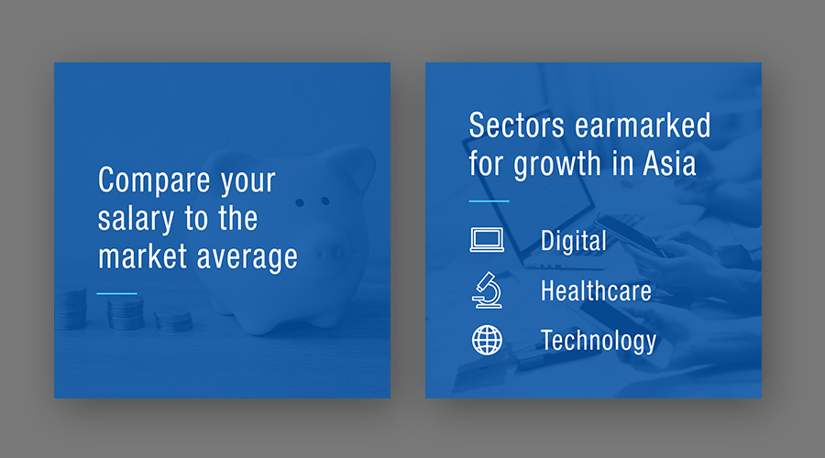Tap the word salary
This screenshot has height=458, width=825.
pos(136,219)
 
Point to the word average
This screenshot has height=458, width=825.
pos(247,258)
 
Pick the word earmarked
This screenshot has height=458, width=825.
pos(643,125)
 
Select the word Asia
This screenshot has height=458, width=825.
pos(669,164)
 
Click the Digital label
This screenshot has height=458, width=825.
pos(574,241)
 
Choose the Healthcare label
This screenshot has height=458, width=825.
pos(596,290)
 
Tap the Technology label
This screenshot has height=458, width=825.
pos(599,341)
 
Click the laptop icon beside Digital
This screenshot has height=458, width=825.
pos(487,240)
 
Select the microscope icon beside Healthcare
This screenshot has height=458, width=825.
pos(488,290)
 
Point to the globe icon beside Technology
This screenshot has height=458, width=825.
pos(487,340)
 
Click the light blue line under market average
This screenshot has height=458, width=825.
pos(116,293)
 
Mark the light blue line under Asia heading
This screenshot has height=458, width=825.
pos(489,201)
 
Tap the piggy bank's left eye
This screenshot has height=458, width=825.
pos(300,202)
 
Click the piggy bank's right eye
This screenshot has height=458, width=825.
pos(325,201)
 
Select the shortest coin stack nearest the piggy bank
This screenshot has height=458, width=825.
pos(173,322)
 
